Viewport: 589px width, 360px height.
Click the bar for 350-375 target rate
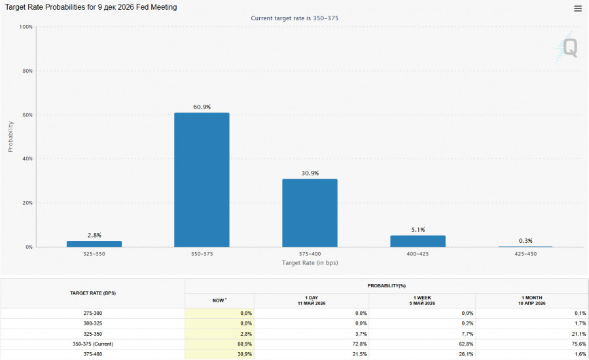(x=202, y=179)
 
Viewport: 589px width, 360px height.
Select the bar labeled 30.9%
(x=310, y=213)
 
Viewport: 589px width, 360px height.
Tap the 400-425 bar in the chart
(x=418, y=242)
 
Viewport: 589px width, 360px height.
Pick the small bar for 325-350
(x=94, y=244)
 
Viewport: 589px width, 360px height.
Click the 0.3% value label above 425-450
(x=526, y=240)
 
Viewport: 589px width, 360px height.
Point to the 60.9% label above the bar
(x=202, y=107)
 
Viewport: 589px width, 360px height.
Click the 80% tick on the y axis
(x=27, y=71)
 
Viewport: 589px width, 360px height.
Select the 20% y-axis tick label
(x=27, y=203)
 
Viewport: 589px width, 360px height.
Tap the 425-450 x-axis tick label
(x=526, y=254)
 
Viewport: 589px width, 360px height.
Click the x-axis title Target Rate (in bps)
(x=310, y=262)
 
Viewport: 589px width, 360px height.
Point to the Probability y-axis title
(x=10, y=136)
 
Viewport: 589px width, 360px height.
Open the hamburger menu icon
(x=578, y=9)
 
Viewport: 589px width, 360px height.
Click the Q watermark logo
(x=567, y=47)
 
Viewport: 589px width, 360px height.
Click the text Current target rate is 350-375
(x=294, y=18)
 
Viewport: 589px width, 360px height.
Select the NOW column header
(x=219, y=300)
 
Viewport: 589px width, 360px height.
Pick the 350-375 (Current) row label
(x=93, y=344)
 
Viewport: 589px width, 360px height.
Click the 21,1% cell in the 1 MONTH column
(x=580, y=334)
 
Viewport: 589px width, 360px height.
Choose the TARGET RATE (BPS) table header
(x=93, y=293)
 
